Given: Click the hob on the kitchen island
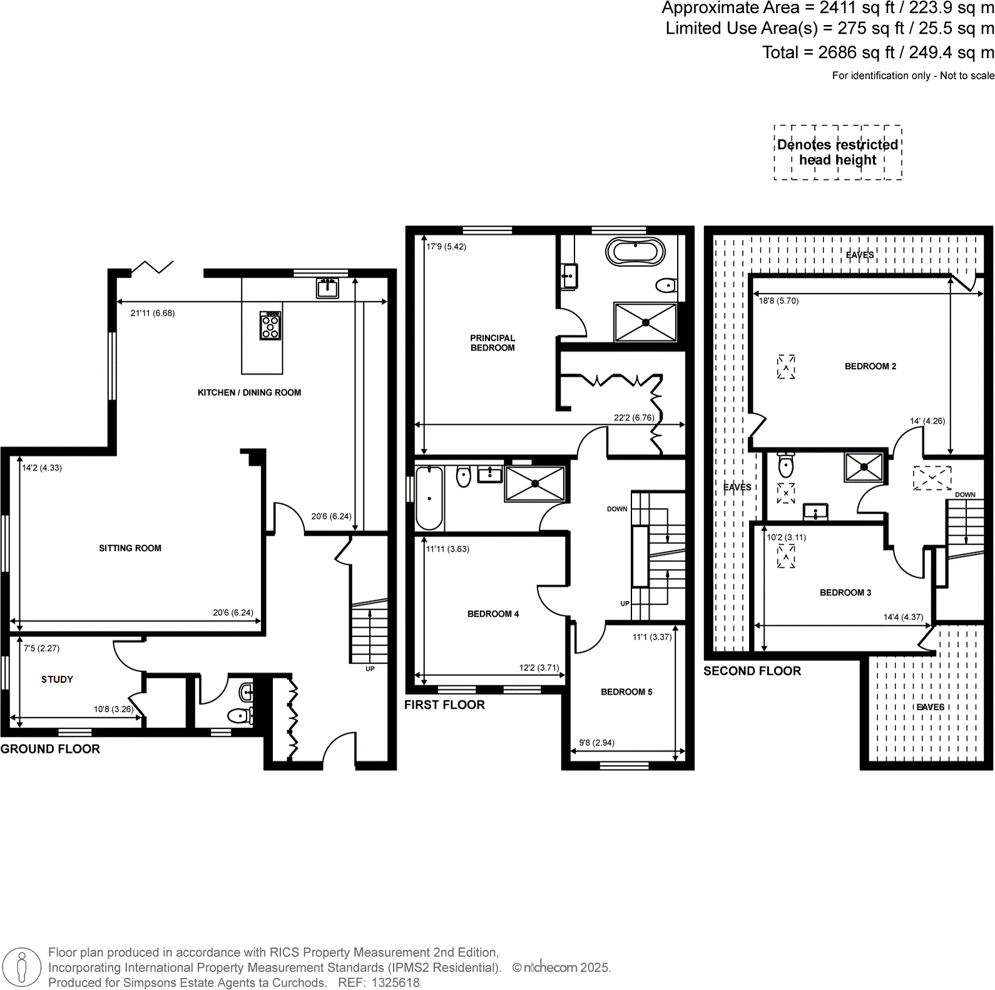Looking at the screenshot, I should [270, 325].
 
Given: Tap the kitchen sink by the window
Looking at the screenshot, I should [327, 288].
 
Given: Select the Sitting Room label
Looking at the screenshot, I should [130, 548].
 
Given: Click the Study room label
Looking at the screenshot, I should [57, 680].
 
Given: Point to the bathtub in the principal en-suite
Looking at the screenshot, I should [635, 252].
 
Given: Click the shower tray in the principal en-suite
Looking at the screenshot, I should [646, 322].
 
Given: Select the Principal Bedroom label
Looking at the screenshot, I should [492, 343].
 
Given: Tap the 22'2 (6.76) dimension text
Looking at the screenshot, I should [634, 417].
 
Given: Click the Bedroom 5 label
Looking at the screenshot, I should [626, 692].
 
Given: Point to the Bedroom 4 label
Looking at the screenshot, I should [493, 614].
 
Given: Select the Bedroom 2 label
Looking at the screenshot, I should [870, 367].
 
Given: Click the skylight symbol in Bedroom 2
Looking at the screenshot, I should [786, 367].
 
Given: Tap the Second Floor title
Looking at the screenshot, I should [752, 671].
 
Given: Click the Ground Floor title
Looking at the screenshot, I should [50, 749].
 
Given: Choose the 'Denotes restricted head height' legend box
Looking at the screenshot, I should [838, 153].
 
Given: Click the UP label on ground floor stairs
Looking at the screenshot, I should [370, 669].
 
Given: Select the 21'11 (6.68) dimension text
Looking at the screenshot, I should [152, 314].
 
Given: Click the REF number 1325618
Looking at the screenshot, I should [395, 982].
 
